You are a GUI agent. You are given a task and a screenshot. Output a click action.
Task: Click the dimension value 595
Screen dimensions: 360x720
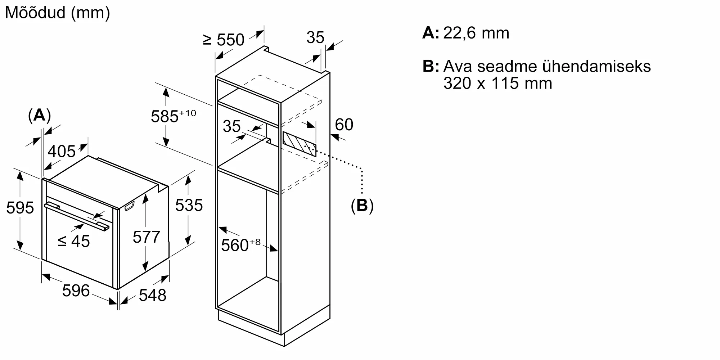click(20, 208)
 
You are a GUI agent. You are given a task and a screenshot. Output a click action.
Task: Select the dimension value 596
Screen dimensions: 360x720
click(76, 291)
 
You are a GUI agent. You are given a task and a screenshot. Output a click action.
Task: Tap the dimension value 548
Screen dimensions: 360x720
click(152, 295)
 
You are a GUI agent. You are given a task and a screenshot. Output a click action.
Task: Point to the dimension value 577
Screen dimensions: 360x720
click(146, 237)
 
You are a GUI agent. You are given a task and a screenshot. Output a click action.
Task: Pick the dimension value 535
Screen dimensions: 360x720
click(189, 206)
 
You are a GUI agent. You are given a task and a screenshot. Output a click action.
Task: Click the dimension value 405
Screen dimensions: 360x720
click(62, 152)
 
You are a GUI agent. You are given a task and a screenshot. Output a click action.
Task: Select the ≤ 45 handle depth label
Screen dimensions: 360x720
click(74, 241)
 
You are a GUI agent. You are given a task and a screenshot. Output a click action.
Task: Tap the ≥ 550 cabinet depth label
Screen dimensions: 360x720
click(224, 40)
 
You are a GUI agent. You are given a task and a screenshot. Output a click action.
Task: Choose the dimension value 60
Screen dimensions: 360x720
click(344, 125)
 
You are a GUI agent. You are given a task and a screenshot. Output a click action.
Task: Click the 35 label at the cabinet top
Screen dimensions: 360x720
click(315, 37)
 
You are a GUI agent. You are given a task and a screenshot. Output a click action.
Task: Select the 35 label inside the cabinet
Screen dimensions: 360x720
click(231, 126)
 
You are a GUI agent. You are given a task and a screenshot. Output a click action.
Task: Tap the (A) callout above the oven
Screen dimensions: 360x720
click(39, 116)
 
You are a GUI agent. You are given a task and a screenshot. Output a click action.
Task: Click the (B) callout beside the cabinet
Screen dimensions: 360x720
click(362, 206)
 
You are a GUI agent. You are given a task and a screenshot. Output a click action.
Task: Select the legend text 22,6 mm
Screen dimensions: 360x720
click(476, 33)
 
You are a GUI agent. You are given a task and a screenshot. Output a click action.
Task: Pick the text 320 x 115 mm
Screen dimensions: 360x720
click(498, 84)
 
